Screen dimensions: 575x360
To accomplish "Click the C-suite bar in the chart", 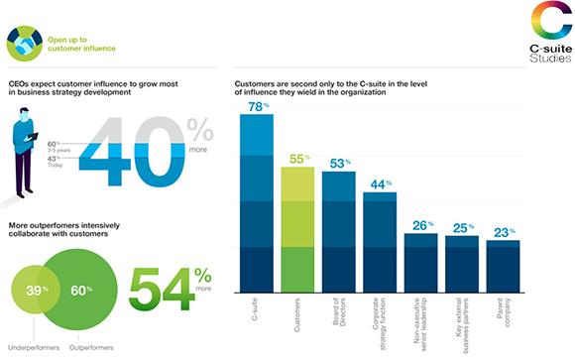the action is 257,203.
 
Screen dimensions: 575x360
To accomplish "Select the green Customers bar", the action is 297,230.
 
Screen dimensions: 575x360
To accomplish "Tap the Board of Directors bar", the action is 339,232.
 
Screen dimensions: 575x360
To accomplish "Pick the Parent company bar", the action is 504,267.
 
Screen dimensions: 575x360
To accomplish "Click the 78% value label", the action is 258,106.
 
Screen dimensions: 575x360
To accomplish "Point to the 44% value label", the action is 381,184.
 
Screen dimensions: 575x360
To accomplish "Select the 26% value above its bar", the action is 422,225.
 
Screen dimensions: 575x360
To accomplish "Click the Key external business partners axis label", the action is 462,325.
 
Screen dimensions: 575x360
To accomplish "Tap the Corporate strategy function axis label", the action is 380,323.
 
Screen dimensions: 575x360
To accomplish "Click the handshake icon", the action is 25,44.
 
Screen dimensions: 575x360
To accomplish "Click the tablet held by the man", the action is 32,137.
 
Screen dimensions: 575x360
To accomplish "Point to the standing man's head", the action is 24,114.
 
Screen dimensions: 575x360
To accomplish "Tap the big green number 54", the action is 162,289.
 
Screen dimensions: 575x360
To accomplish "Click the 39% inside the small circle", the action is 37,291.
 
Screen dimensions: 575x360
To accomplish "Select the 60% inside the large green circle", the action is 81,291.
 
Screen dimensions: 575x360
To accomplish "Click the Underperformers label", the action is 34,347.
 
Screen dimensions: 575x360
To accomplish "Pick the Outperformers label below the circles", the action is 91,347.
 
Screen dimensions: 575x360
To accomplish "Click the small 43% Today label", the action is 55,162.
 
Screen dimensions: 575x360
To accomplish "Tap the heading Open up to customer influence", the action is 81,44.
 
